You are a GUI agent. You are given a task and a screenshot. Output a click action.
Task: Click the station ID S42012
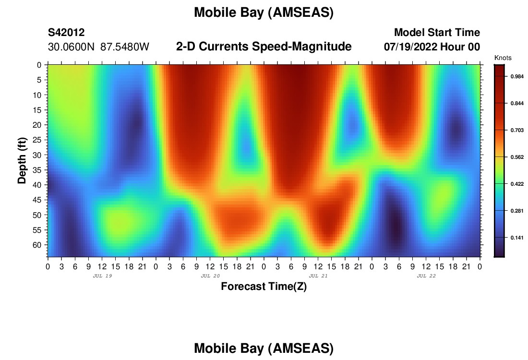[66, 33]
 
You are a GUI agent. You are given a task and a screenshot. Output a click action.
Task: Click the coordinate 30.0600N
[71, 47]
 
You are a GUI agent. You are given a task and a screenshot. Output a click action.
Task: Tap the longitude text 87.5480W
[125, 47]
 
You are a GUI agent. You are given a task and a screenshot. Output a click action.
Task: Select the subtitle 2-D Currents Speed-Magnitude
[264, 47]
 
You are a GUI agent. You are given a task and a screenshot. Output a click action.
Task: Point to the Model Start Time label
[437, 33]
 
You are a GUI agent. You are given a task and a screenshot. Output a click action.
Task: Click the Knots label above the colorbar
[503, 58]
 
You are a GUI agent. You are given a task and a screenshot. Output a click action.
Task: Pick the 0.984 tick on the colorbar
[517, 76]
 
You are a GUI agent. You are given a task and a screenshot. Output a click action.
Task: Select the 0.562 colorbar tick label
[517, 157]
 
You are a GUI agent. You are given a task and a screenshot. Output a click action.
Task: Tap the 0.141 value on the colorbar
[517, 238]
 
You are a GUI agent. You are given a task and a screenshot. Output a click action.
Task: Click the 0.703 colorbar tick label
[517, 131]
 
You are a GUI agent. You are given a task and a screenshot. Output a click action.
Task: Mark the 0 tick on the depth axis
[39, 65]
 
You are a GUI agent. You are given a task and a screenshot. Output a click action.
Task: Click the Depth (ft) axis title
[22, 161]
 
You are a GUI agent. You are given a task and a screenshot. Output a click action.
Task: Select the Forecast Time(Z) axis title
[264, 287]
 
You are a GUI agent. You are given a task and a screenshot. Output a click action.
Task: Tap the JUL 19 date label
[102, 276]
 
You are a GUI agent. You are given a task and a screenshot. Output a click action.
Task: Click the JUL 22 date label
[426, 276]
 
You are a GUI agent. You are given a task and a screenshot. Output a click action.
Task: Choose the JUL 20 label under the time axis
[210, 276]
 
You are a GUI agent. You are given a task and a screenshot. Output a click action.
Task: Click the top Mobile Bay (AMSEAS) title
[264, 12]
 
